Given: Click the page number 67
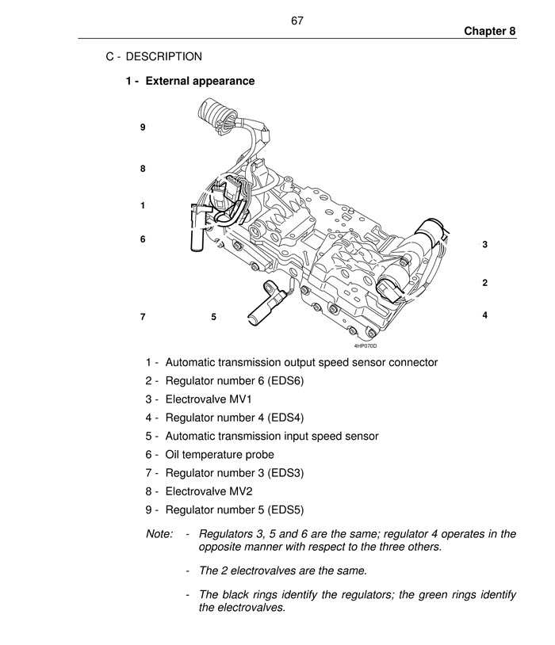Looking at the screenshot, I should point(297,21).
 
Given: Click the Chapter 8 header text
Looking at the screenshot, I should point(490,31).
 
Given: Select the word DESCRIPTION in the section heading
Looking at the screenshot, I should point(163,56).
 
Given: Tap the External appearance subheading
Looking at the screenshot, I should point(200,81).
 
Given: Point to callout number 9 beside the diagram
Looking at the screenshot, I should point(143,127).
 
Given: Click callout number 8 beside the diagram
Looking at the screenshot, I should point(143,169).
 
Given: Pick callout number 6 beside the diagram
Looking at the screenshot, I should point(143,239).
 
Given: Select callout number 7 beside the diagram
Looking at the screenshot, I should point(143,317).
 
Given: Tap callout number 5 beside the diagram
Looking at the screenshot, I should point(214,317).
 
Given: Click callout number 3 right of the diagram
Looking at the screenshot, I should point(484,245).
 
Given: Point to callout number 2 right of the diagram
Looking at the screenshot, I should point(484,283).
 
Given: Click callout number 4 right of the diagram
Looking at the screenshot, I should point(484,315).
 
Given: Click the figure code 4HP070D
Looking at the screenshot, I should point(366,345).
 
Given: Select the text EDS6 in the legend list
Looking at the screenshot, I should point(287,381).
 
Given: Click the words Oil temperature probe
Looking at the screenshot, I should point(220,454).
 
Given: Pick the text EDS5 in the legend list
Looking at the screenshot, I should point(287,510).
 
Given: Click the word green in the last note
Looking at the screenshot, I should point(408,594).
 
